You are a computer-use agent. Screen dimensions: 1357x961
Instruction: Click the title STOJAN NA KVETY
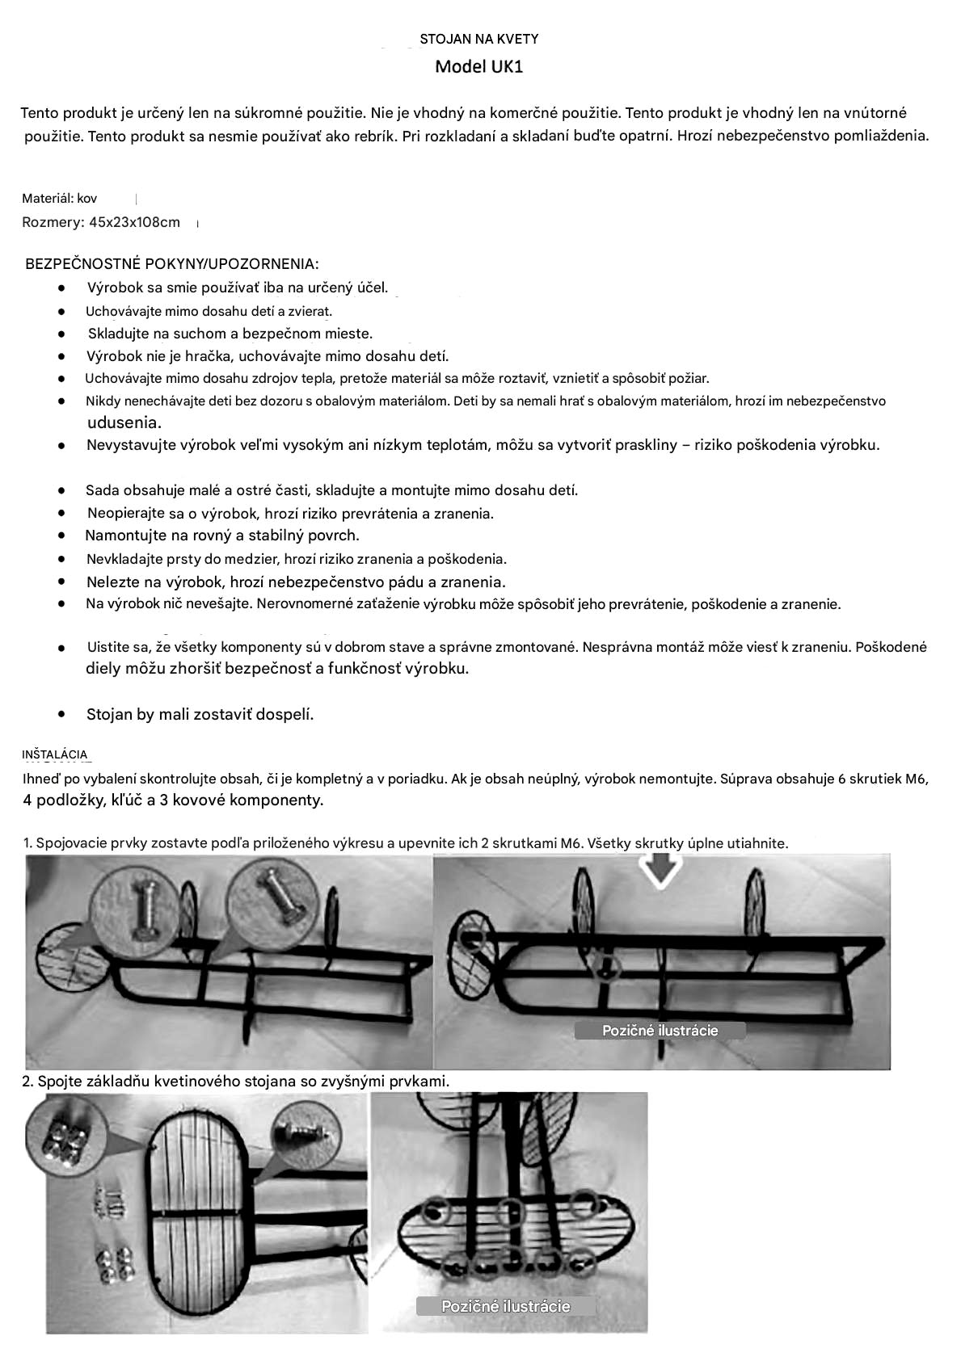[478, 39]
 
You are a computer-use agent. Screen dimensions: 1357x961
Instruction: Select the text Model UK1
[478, 66]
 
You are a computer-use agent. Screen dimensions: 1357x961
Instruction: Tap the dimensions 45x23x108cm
[134, 222]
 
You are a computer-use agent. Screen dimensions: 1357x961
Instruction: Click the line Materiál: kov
[59, 198]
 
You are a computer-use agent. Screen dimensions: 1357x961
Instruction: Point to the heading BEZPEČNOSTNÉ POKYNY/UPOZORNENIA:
[171, 264]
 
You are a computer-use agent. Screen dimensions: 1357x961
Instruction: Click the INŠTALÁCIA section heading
[55, 754]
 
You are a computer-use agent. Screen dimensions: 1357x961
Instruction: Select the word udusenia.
[124, 422]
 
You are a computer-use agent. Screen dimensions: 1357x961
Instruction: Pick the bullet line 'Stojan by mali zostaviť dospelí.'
[200, 714]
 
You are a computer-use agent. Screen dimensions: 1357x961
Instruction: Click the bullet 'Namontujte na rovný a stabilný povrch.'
[222, 535]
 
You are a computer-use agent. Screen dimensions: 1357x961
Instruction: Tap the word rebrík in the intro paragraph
[374, 136]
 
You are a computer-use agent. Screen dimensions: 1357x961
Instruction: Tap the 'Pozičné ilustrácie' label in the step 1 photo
[660, 1031]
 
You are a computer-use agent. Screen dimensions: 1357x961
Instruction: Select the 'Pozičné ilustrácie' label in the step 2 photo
[505, 1306]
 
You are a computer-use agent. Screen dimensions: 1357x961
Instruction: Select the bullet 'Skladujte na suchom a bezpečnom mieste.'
[230, 333]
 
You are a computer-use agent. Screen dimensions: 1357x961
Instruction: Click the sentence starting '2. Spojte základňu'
[235, 1081]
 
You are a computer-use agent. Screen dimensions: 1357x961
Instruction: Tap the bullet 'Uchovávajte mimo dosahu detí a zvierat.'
[209, 311]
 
